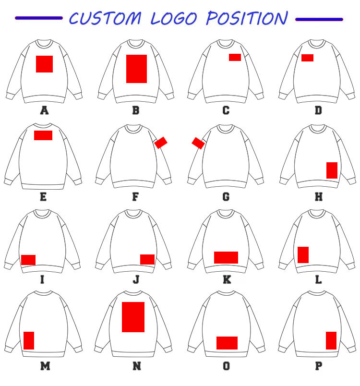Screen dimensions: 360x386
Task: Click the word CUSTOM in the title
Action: (x=106, y=18)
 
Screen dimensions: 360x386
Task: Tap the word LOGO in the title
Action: (x=174, y=18)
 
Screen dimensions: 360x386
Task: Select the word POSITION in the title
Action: (x=247, y=18)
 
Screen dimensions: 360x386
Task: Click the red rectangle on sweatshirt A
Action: (x=45, y=64)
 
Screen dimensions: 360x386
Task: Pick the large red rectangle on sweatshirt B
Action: (x=136, y=69)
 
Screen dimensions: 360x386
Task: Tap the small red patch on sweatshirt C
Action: (x=235, y=57)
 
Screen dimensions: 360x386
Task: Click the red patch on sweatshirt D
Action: (x=307, y=58)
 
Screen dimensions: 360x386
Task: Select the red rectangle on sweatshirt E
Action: (x=43, y=135)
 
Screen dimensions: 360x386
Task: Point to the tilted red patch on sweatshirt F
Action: (x=161, y=142)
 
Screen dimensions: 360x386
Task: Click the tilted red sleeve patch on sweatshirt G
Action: (x=198, y=143)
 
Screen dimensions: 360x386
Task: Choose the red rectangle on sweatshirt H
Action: (x=332, y=170)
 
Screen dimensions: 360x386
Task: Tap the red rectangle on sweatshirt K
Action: (x=226, y=257)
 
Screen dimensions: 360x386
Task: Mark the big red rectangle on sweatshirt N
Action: (x=133, y=317)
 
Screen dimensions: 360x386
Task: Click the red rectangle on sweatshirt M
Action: (x=29, y=340)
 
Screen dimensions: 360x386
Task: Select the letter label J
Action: (x=136, y=279)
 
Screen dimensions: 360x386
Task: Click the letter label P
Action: (x=318, y=366)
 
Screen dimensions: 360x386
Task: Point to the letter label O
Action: (x=226, y=366)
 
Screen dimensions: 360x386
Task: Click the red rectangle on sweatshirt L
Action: (x=303, y=254)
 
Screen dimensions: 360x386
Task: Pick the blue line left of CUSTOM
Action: (x=39, y=18)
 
